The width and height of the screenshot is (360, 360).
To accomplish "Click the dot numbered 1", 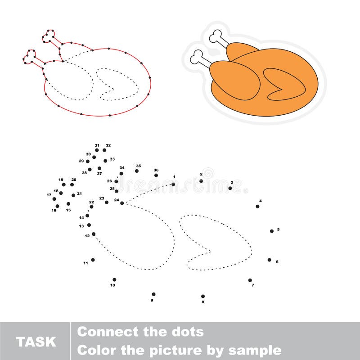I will pos(173,184).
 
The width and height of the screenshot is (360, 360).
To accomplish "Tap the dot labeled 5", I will pos(272,231).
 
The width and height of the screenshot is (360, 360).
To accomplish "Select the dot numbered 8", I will pos(203,296).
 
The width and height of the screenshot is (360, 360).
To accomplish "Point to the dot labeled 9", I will pos(153,294).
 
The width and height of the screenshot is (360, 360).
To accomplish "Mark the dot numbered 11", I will pos(93,260).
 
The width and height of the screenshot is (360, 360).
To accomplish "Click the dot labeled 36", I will pos(156,175).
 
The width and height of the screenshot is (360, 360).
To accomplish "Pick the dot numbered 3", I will pos(230,188).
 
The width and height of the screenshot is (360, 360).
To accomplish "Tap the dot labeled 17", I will pos(54,198).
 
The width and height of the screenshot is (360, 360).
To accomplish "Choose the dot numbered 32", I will pos(104,150).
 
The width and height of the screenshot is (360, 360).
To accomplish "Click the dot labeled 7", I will pos(250,280).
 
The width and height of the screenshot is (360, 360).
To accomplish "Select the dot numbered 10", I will pos(114,279).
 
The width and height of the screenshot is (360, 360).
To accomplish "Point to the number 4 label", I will pos(260,201).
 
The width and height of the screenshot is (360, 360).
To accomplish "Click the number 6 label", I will pos(277,261).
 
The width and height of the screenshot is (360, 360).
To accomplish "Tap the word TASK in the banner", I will pos(36,342).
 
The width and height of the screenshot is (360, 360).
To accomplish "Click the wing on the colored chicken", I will pos(283,84).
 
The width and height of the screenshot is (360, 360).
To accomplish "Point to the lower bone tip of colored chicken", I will pos(196,57).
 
